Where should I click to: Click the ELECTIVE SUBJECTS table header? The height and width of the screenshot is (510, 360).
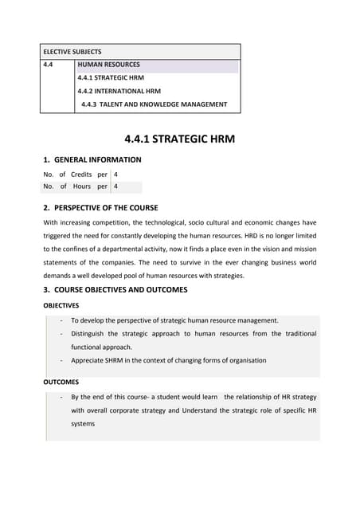point(72,51)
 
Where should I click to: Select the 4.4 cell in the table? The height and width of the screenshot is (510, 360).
point(49,65)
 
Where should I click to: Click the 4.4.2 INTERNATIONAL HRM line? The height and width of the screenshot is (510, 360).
point(119,91)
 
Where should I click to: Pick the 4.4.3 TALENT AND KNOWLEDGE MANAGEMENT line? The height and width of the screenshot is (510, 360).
point(154,104)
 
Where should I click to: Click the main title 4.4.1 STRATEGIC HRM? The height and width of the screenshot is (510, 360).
point(179,140)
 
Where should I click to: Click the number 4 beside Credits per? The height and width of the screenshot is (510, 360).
point(116,174)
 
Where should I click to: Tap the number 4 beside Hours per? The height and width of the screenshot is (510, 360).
point(116,187)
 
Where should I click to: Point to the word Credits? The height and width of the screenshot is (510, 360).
point(81,174)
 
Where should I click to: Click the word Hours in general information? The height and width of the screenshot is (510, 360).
point(81,187)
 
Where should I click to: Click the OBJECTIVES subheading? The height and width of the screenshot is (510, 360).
point(61,305)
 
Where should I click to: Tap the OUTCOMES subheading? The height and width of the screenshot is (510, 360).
point(60,382)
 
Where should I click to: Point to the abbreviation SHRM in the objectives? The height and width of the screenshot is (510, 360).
point(119,360)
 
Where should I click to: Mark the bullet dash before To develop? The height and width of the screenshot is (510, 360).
point(61,320)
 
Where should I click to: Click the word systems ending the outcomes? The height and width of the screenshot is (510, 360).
point(83,423)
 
